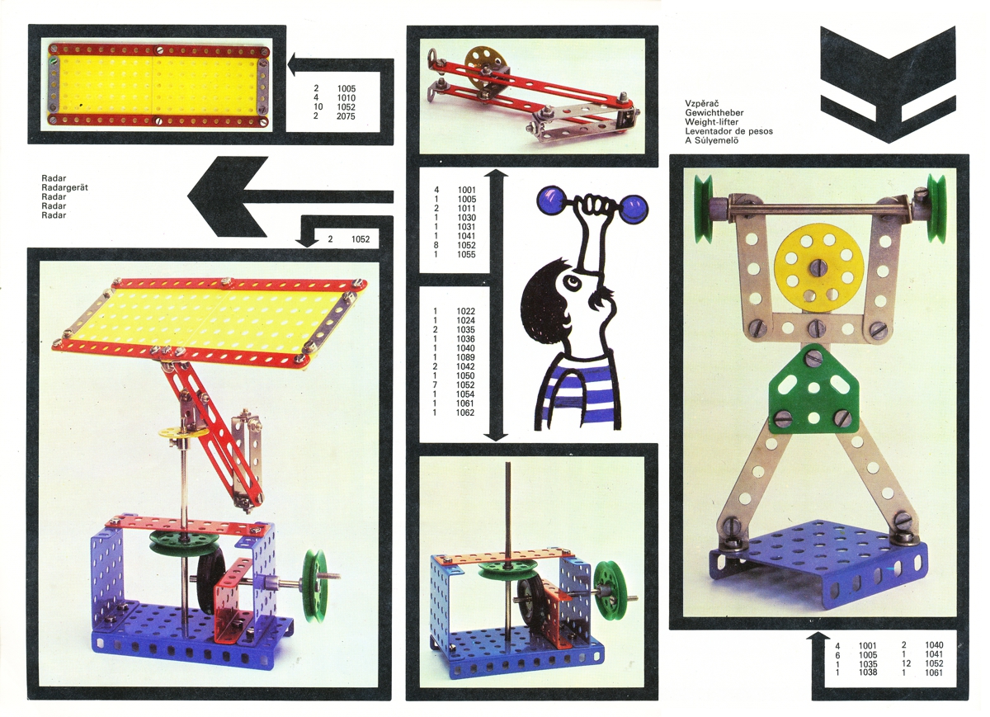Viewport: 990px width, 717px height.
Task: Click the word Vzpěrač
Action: pyautogui.click(x=702, y=104)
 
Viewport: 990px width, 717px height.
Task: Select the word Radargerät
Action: pyautogui.click(x=64, y=187)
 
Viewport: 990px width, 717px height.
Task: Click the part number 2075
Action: pyautogui.click(x=346, y=116)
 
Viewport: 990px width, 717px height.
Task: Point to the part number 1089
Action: pyautogui.click(x=466, y=357)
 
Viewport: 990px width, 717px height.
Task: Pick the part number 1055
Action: pyautogui.click(x=466, y=254)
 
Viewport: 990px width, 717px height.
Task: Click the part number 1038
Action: pyautogui.click(x=868, y=672)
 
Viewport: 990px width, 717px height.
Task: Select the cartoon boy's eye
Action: pyautogui.click(x=573, y=281)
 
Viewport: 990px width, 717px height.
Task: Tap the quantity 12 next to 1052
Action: pyautogui.click(x=906, y=663)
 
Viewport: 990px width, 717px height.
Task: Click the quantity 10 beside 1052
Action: pyautogui.click(x=318, y=107)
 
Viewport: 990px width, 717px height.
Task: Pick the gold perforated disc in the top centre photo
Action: pyautogui.click(x=484, y=71)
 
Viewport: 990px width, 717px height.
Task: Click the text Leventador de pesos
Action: pyautogui.click(x=728, y=131)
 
